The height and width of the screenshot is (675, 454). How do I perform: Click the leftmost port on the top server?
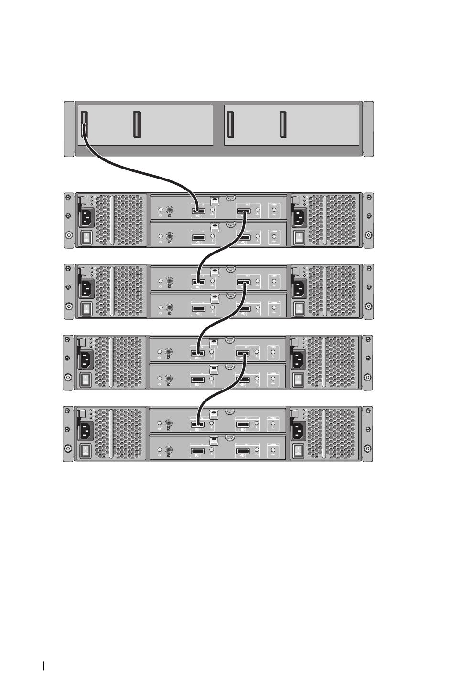click(x=85, y=125)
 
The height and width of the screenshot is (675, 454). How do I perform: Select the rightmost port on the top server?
click(x=283, y=125)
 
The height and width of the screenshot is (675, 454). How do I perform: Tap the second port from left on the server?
click(x=137, y=125)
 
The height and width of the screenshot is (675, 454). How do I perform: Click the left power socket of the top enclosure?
click(x=86, y=219)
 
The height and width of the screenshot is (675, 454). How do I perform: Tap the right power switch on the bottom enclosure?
click(x=298, y=451)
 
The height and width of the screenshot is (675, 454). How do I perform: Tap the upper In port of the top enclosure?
click(x=198, y=211)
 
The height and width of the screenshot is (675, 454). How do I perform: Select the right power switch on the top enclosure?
click(x=298, y=237)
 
